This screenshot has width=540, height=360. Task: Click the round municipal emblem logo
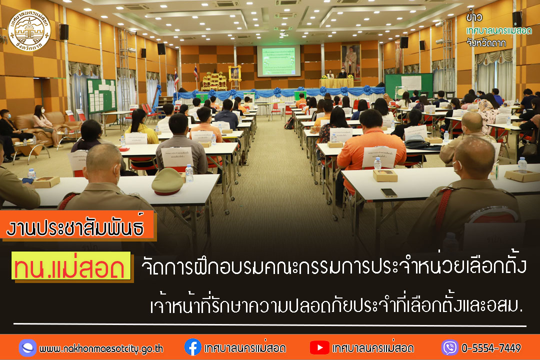pyautogui.click(x=30, y=30)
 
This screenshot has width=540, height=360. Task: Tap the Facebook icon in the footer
pyautogui.click(x=192, y=347)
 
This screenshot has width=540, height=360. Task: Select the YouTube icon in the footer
pyautogui.click(x=319, y=347)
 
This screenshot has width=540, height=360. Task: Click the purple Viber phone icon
pyautogui.click(x=449, y=347)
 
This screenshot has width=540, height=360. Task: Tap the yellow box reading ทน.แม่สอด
pyautogui.click(x=72, y=268)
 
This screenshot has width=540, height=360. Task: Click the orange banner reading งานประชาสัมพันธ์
pyautogui.click(x=80, y=227)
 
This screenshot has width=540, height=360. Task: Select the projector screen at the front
pyautogui.click(x=278, y=61)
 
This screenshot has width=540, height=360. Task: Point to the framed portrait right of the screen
pyautogui.click(x=350, y=60)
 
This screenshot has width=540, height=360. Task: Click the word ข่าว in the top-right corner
pyautogui.click(x=474, y=17)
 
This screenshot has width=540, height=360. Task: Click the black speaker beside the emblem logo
pyautogui.click(x=64, y=32)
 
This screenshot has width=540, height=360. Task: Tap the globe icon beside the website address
pyautogui.click(x=27, y=347)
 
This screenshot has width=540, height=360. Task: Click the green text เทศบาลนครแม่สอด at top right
pyautogui.click(x=498, y=31)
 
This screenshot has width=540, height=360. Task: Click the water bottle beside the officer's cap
pyautogui.click(x=189, y=173)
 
